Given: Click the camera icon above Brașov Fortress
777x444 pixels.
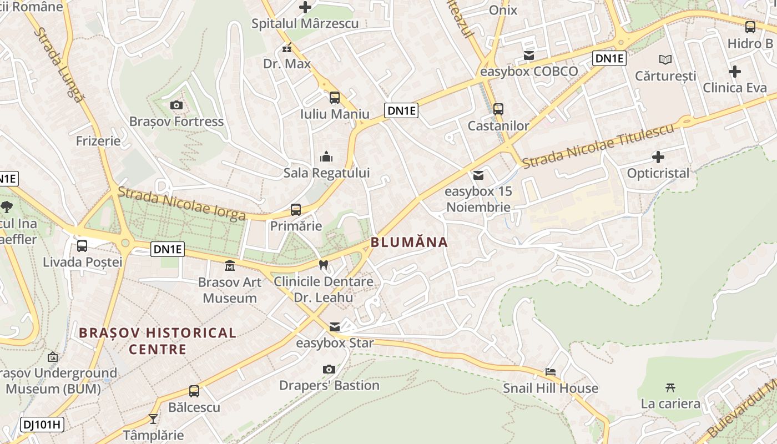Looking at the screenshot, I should point(176,105).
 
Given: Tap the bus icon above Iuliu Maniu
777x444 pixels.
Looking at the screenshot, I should point(334,98).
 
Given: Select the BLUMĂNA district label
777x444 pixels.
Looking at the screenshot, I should point(409,242).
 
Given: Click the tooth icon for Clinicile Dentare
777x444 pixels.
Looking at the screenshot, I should point(324,265).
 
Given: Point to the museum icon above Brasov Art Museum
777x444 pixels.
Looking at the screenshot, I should point(229,265).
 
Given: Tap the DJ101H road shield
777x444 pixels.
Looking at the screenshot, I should point(42,425).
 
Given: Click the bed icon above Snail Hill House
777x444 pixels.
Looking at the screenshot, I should point(550,372).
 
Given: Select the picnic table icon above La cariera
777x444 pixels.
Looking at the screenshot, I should point(670,387).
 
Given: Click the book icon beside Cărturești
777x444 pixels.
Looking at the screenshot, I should point(665,59).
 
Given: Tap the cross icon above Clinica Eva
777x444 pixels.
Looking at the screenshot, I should point(735,72).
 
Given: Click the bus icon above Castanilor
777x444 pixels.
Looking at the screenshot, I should point(498,109).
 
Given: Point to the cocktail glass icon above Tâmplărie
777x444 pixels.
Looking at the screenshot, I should point(153,418).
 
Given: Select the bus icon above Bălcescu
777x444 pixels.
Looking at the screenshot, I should point(194,391).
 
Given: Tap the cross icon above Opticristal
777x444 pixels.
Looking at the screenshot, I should point(658,157).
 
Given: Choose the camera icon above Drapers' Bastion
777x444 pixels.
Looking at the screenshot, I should point(329,369).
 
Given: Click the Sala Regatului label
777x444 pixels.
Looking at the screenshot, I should point(326,173).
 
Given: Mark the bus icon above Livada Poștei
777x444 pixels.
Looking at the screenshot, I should point(82,245).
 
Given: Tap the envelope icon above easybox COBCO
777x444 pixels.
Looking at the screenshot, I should point(528,56).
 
